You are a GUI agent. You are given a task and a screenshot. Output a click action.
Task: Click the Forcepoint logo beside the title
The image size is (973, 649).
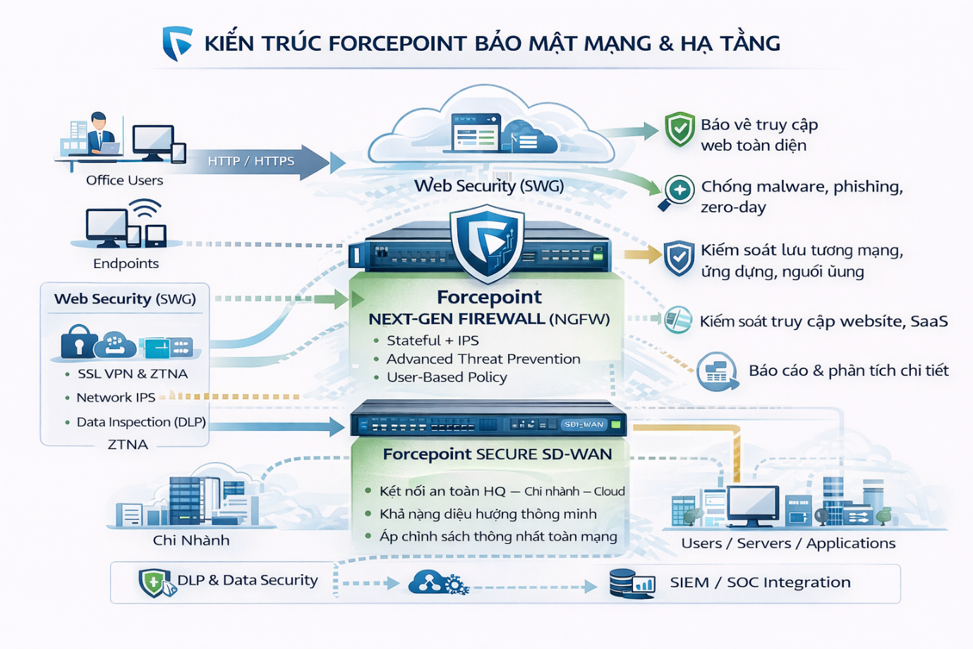click(176, 43)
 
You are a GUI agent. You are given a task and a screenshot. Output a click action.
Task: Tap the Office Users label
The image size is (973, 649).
click(124, 181)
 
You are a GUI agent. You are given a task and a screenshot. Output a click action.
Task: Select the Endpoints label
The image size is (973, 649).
click(126, 264)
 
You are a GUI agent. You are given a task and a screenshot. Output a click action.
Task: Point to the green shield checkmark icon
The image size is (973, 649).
click(680, 129)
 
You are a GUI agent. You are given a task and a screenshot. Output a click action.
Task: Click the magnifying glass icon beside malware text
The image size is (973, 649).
click(677, 192)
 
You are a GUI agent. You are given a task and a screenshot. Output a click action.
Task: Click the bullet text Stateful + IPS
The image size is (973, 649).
click(432, 341)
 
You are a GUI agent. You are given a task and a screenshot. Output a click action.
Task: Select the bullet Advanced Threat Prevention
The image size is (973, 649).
click(483, 359)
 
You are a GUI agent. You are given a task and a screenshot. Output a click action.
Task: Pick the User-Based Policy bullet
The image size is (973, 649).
click(447, 377)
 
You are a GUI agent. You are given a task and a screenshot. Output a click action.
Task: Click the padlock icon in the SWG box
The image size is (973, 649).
click(78, 343)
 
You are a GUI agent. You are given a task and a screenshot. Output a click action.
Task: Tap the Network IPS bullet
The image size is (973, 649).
click(116, 398)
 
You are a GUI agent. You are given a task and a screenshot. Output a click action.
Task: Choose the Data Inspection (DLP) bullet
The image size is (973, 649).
click(140, 423)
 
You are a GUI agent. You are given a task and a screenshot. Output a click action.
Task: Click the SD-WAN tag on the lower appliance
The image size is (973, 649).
click(584, 425)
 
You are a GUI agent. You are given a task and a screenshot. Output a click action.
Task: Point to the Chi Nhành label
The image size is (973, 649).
click(191, 541)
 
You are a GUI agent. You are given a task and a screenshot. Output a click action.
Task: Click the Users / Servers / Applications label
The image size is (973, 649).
click(788, 544)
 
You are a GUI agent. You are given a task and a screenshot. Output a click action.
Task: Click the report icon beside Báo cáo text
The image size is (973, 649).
click(716, 371)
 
